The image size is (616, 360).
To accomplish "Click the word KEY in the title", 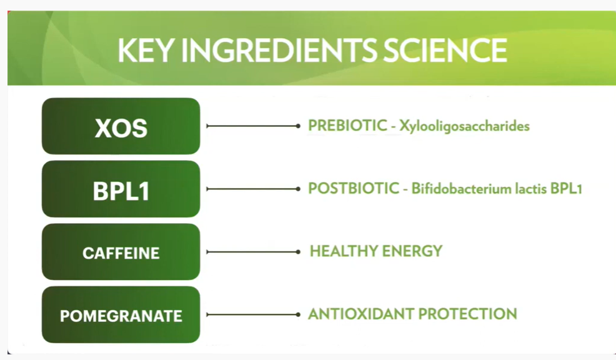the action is click(146, 50).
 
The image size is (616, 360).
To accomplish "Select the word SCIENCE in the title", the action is click(445, 50).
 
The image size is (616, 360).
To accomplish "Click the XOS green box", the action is click(121, 126).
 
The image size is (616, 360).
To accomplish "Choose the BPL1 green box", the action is click(121, 189).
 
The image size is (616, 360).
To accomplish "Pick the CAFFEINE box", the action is click(121, 252).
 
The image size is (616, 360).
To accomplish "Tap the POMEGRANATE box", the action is click(121, 315).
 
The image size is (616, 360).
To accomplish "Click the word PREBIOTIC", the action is click(348, 126).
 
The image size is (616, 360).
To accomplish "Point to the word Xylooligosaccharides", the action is click(464, 126).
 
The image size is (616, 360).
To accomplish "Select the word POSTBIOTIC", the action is click(354, 189).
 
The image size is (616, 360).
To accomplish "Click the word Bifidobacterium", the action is click(462, 189).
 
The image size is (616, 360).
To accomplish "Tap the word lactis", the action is click(531, 189).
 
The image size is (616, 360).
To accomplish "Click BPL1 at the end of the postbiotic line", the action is click(566, 189).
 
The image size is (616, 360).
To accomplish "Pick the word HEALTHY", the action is click(344, 251).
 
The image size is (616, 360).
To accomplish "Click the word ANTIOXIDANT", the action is click(360, 314).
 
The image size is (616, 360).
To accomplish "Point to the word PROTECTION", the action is click(467, 314).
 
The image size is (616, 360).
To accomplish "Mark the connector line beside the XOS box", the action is click(254, 126).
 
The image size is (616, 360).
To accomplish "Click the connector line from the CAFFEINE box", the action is click(254, 252).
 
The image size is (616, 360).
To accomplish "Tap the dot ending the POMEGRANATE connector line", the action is click(298, 314).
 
